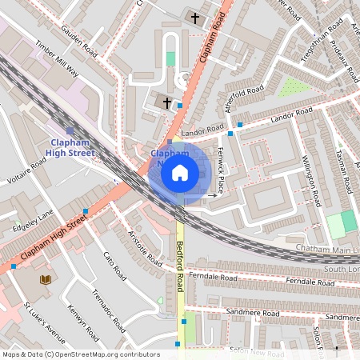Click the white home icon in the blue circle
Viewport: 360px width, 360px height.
[180, 172]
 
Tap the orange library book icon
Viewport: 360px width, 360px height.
[46, 279]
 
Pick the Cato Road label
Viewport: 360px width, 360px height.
[114, 266]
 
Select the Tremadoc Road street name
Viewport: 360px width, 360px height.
[108, 312]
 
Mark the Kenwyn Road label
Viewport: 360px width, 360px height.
[82, 324]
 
